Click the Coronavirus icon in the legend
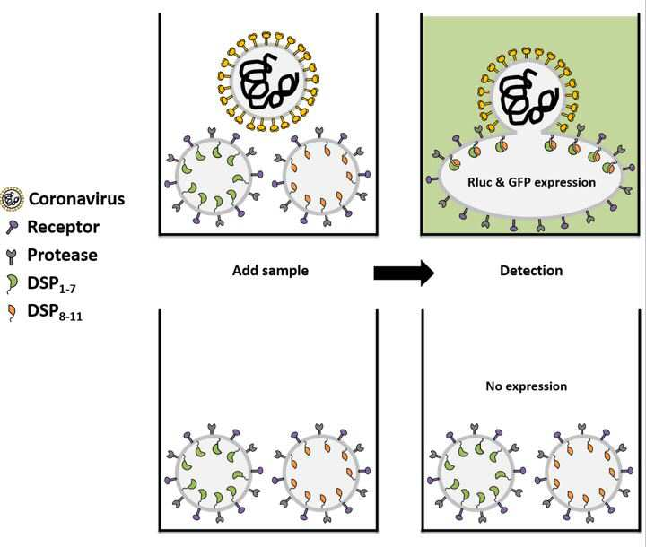12,199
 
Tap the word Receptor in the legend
64,227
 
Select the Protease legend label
63,255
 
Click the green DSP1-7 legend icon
13,283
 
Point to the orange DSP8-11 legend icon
13,312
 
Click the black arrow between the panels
404,273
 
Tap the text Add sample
270,271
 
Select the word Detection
531,271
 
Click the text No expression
527,386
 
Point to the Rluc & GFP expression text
531,182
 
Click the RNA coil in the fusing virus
529,98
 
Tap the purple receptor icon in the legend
12,227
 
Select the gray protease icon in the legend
12,256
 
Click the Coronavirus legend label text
76,199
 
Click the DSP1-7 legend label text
51,284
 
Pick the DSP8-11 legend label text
55,312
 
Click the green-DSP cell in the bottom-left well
214,471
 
